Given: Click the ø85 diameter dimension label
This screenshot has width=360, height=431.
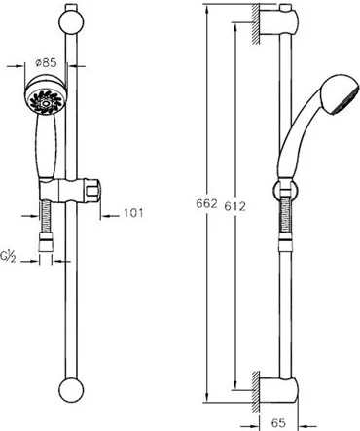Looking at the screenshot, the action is click(46, 62).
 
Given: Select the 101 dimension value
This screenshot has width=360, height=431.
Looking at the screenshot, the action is click(133, 213).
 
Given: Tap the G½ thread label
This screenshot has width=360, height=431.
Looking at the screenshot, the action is click(8, 257).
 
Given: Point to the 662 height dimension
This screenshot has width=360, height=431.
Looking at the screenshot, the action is click(206, 204).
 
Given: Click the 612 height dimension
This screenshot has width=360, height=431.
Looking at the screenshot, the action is click(235, 206).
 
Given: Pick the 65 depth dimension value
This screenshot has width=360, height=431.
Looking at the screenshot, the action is click(278, 422).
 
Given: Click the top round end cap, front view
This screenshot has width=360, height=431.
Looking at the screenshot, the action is click(71, 21).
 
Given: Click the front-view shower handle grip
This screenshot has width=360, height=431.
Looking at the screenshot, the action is click(48, 146).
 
